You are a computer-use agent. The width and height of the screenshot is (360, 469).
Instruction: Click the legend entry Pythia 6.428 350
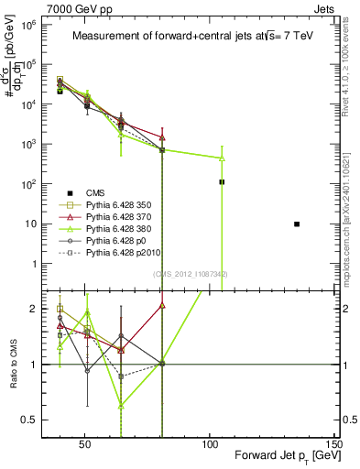[x=117, y=206]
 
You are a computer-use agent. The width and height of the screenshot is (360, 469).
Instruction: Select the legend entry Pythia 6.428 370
[x=117, y=221]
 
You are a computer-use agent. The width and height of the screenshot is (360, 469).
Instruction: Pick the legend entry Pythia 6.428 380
[x=117, y=235]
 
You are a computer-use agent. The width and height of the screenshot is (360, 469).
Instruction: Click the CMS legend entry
[x=96, y=191]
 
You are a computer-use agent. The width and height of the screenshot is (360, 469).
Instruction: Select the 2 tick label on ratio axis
[x=28, y=309]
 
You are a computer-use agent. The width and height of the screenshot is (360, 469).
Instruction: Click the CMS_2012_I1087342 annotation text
[x=191, y=274]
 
